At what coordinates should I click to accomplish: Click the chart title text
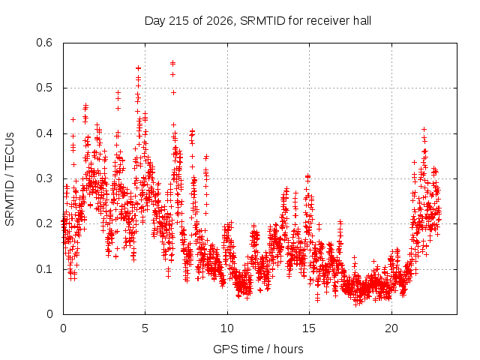pyautogui.click(x=258, y=21)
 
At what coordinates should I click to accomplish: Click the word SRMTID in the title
pyautogui.click(x=262, y=21)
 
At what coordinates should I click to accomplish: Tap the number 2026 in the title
pyautogui.click(x=219, y=21)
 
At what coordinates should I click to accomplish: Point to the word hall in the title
pyautogui.click(x=362, y=21)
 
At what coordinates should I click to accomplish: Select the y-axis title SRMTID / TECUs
pyautogui.click(x=10, y=179)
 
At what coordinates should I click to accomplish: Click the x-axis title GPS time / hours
pyautogui.click(x=258, y=349)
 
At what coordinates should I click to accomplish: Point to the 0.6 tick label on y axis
pyautogui.click(x=44, y=43)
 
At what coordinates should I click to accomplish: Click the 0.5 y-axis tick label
pyautogui.click(x=44, y=88)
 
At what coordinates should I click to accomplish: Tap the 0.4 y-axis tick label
pyautogui.click(x=44, y=133)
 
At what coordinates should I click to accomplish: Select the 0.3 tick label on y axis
pyautogui.click(x=44, y=178)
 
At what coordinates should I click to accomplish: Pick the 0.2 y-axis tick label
pyautogui.click(x=44, y=223)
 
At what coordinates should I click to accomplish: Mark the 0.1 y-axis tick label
pyautogui.click(x=44, y=269)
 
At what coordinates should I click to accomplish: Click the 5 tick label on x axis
pyautogui.click(x=145, y=328)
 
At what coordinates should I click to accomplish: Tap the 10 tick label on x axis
pyautogui.click(x=227, y=328)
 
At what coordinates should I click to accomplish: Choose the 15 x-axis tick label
pyautogui.click(x=309, y=328)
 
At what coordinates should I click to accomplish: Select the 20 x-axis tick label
pyautogui.click(x=391, y=328)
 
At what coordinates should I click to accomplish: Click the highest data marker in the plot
pyautogui.click(x=173, y=62)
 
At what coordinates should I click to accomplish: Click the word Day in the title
pyautogui.click(x=154, y=22)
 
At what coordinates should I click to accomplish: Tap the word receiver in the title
pyautogui.click(x=328, y=21)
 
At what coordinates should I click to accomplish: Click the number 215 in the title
pyautogui.click(x=178, y=21)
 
